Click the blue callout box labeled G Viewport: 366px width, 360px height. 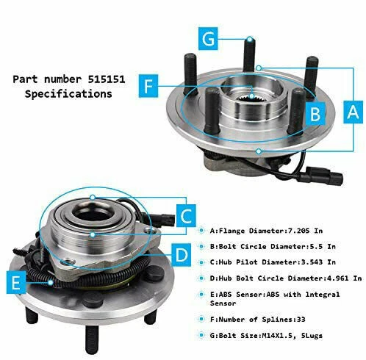click(208, 39)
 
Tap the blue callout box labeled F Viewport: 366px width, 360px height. click(148, 86)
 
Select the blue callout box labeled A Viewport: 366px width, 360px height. click(353, 112)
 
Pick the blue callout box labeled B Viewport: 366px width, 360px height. click(315, 114)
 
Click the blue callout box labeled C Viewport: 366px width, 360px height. click(186, 215)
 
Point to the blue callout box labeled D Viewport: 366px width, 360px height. click(182, 255)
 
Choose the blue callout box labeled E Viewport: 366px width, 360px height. click(16, 282)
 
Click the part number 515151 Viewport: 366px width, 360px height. click(107, 79)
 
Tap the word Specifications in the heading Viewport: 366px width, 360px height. click(68, 94)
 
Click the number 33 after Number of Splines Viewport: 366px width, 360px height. click(301, 320)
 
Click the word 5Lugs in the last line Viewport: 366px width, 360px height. click(312, 336)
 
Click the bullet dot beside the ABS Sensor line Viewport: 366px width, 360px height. click(201, 294)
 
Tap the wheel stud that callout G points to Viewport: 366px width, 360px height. click(249, 54)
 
